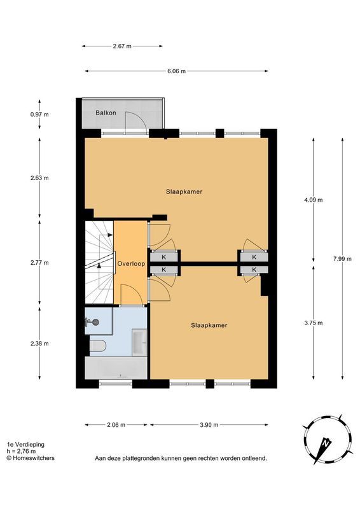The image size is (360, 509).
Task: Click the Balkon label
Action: (106, 113)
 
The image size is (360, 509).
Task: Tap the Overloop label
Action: (131, 264)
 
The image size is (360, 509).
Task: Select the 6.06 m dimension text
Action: (177, 71)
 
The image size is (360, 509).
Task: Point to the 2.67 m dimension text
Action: (122, 46)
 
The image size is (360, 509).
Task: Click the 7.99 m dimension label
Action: (342, 259)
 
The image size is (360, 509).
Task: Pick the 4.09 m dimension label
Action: (314, 200)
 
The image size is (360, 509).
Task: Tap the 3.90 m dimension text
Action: (209, 424)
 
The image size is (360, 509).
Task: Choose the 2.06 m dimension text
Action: (116, 424)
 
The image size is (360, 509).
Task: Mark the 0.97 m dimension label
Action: (39, 115)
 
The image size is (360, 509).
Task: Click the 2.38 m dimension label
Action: (39, 344)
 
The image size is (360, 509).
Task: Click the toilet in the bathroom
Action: (98, 345)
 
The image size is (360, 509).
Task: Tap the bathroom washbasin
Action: (139, 342)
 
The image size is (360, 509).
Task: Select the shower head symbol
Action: (92, 322)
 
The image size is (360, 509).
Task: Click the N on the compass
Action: (326, 442)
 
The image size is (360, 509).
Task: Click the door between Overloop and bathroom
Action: (132, 295)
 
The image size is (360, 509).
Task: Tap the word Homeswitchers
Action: (34, 458)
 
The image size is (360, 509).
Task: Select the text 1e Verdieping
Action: (25, 445)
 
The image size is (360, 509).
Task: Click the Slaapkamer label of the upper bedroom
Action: (184, 192)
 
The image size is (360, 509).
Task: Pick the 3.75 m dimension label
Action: (314, 323)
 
